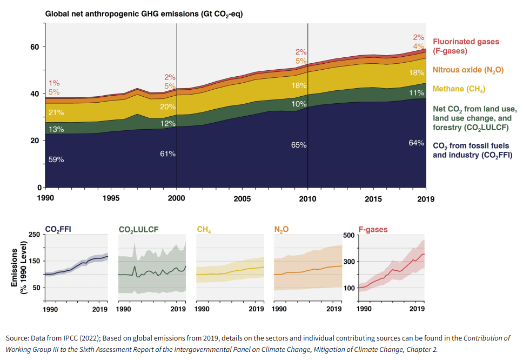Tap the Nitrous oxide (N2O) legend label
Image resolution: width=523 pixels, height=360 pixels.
(468, 70)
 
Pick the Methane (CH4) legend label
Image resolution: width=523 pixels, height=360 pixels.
(459, 89)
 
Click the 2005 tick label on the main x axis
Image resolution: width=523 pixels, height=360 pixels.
(242, 198)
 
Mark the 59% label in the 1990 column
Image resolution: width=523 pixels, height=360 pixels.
(56, 159)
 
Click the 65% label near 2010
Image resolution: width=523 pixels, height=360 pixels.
(298, 145)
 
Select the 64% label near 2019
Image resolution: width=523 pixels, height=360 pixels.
(416, 143)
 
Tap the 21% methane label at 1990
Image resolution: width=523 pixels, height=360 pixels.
(56, 112)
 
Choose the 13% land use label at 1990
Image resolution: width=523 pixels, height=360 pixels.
(56, 129)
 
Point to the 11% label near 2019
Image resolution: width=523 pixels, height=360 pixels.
(416, 93)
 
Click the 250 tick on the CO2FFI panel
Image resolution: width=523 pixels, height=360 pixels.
(33, 235)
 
